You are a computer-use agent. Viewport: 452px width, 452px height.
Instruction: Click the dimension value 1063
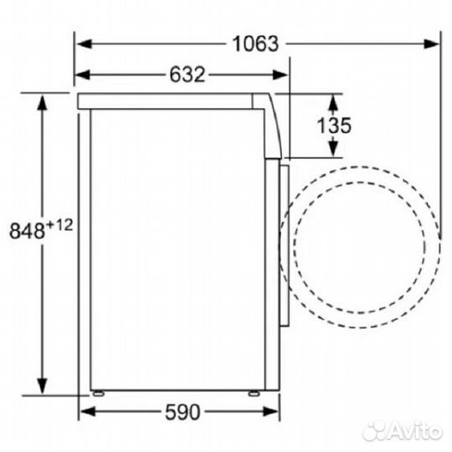point(255,44)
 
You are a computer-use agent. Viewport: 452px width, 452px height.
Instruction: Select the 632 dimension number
point(187,74)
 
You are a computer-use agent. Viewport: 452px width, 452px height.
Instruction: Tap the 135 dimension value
point(334,126)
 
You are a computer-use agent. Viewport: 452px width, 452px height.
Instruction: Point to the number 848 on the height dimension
point(27,231)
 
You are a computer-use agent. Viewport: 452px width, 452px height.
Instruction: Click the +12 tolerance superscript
point(59,225)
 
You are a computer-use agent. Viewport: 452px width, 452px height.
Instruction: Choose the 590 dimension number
point(182,412)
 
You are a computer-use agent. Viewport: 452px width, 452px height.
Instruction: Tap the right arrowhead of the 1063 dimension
point(432,44)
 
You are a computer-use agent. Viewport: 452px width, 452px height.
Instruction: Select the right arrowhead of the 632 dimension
point(280,74)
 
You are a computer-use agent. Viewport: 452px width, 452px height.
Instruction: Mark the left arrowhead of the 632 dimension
point(82,74)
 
